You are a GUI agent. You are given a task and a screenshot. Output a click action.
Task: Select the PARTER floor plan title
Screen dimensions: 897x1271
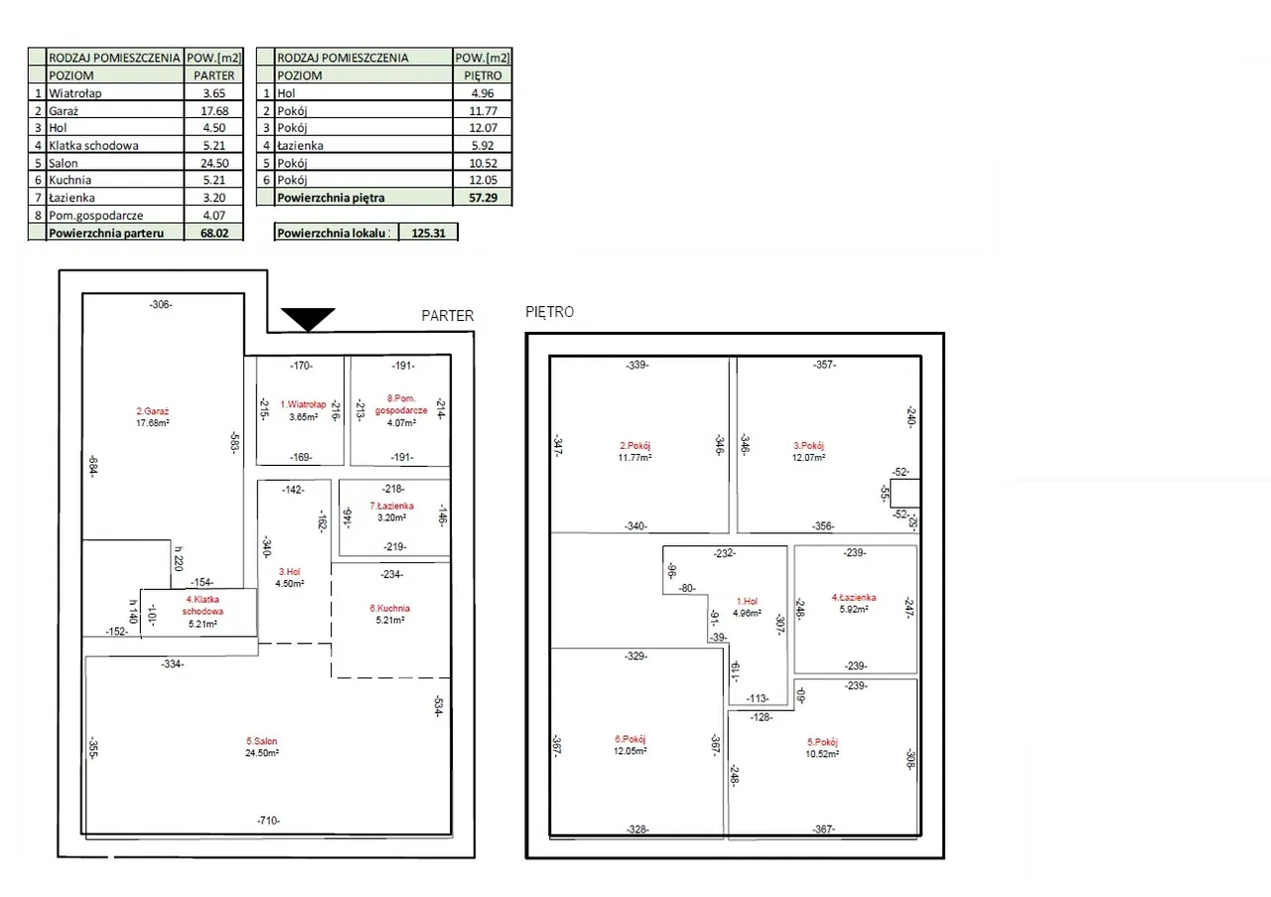point(448,316)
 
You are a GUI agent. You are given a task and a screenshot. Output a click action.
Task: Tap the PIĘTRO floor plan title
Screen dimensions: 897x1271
point(549,312)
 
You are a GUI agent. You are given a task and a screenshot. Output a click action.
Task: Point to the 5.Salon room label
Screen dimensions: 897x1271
point(262,741)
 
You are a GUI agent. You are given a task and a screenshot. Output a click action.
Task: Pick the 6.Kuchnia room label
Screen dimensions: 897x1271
point(389,608)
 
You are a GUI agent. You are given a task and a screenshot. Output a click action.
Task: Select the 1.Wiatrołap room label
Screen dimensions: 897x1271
point(303,404)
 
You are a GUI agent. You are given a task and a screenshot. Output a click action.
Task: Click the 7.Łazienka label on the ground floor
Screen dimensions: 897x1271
point(391,506)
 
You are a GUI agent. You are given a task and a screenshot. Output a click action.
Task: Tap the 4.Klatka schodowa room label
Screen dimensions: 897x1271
point(203,605)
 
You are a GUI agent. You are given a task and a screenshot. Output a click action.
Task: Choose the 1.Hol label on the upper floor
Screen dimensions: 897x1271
point(746,601)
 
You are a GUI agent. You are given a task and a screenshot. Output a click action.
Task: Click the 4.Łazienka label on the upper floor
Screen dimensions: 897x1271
point(854,597)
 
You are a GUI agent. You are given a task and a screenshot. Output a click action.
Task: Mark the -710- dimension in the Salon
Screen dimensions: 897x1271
point(268,821)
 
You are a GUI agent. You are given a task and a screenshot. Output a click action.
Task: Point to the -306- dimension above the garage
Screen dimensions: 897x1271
point(161,305)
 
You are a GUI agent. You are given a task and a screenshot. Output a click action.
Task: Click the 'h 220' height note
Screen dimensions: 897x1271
point(179,561)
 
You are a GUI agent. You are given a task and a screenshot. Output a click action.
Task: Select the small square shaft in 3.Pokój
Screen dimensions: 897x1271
point(904,494)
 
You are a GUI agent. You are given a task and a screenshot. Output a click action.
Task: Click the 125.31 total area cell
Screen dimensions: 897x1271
point(428,232)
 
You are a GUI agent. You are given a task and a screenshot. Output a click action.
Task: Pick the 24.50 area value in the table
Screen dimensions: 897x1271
point(214,163)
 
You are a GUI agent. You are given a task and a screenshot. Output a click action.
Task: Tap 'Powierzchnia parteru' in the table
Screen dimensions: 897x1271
point(106,232)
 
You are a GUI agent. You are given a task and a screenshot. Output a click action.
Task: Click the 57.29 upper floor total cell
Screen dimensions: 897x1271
point(483,198)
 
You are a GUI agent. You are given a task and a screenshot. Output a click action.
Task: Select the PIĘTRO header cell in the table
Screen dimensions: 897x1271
point(483,75)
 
